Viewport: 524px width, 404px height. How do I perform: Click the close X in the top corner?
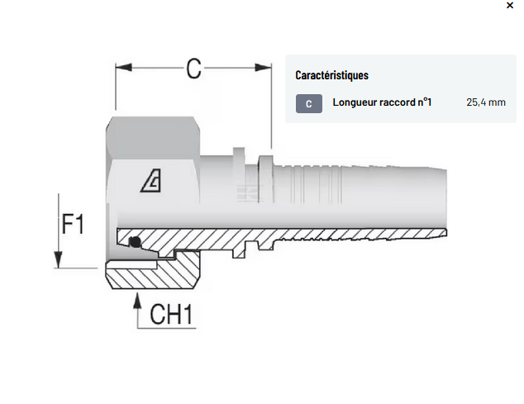coord(508,5)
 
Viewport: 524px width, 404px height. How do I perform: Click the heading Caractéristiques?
coord(331,75)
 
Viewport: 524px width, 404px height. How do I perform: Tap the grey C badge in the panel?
coord(308,103)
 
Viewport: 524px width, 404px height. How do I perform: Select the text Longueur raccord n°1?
coord(382,103)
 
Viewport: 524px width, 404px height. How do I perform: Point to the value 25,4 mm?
coord(485,103)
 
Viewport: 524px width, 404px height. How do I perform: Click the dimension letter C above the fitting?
coord(193,69)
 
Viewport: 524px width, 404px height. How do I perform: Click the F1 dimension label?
coord(74,225)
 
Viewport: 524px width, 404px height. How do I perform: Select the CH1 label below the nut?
coord(172,315)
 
